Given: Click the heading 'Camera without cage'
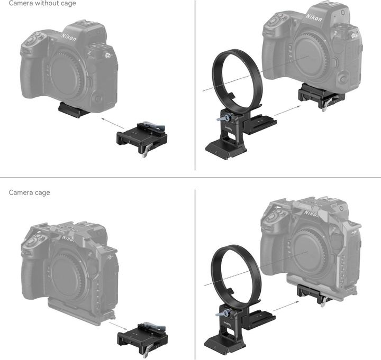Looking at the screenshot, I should tap(42, 4).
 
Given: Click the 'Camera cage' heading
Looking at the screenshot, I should tap(30, 192).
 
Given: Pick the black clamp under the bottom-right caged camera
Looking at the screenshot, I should tap(313, 294).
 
